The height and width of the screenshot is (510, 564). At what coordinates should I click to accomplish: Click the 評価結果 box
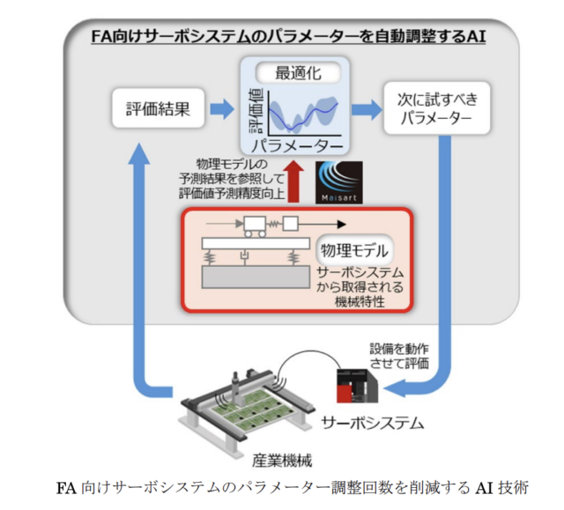coord(157,109)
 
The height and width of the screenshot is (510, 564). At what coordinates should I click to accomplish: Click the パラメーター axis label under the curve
coord(296,144)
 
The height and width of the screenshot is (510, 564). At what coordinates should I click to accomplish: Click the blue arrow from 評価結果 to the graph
coord(220,108)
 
